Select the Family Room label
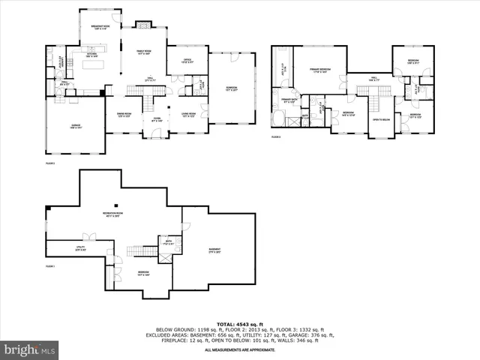pos(144,53)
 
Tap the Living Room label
pos(189,115)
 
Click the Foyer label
pos(157,119)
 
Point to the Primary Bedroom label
pos(319,71)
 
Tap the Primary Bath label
pos(289,100)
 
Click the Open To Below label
pos(381,119)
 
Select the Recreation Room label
pos(114,214)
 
